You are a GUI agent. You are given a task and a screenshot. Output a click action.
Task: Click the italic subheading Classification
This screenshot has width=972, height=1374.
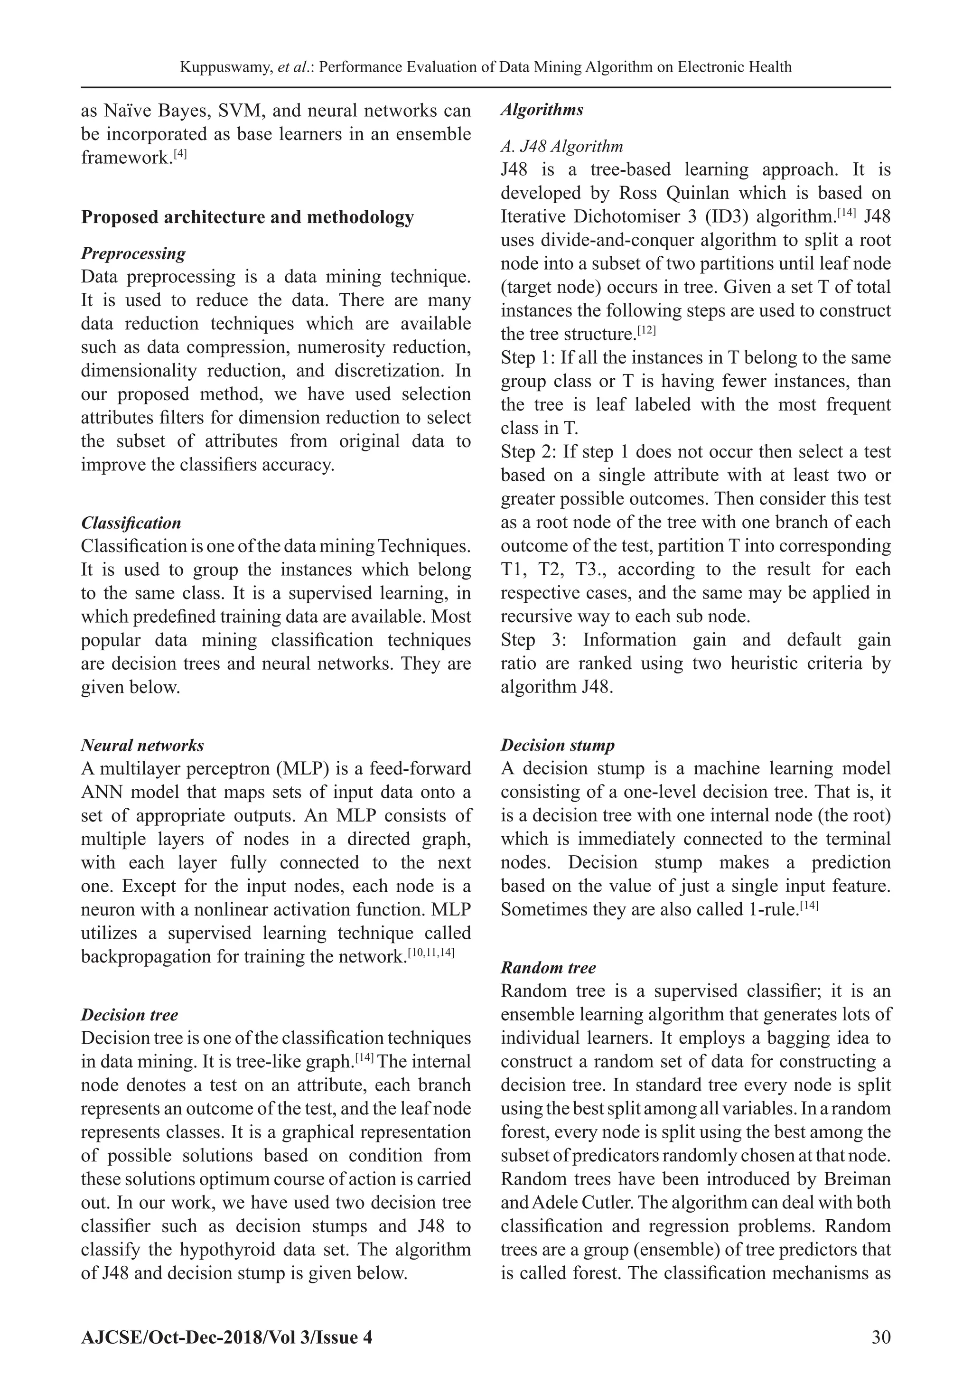pyautogui.click(x=131, y=523)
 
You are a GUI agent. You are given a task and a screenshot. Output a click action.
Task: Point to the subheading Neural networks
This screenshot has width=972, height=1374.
pyautogui.click(x=142, y=745)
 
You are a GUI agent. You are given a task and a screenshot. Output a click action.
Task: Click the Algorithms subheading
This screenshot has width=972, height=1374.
pyautogui.click(x=542, y=110)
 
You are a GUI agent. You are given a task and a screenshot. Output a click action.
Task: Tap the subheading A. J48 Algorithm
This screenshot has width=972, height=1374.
pyautogui.click(x=561, y=146)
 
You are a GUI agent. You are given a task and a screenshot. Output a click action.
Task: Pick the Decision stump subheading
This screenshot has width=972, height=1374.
pyautogui.click(x=557, y=745)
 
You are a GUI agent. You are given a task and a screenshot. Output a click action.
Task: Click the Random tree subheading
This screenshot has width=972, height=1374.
pyautogui.click(x=548, y=968)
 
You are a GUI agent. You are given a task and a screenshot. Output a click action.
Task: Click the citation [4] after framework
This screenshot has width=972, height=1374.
pyautogui.click(x=180, y=154)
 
